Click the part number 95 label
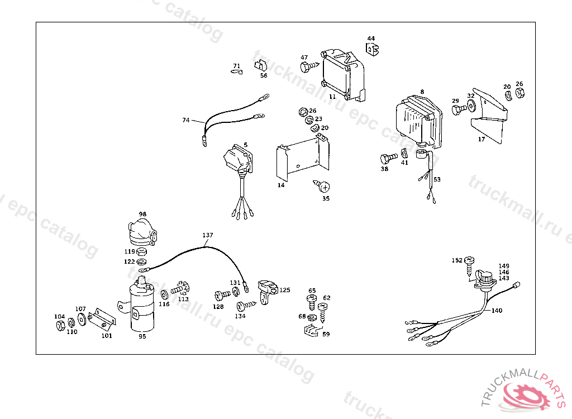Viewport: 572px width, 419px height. coord(142,336)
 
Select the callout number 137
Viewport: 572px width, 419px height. coord(208,235)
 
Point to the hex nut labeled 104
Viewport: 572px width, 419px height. coord(61,326)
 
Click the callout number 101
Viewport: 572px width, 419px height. coord(106,336)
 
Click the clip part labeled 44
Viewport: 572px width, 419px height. coord(371,49)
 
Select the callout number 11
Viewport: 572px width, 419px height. coord(332,96)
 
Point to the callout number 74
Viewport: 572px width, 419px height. coord(186,120)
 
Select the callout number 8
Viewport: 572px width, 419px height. coord(422,92)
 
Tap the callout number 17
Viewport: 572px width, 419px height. coord(481,140)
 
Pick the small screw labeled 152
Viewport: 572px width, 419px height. coord(470,261)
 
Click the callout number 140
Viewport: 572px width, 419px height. coord(497,310)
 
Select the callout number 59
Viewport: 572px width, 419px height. coord(326,334)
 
